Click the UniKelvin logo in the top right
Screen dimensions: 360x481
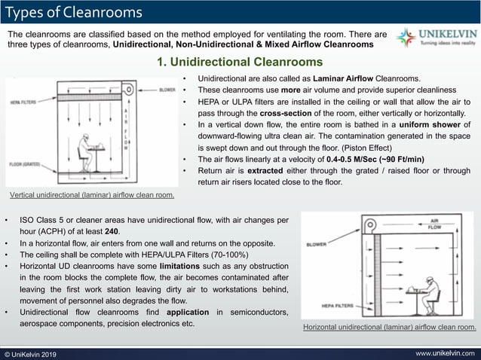[x=436, y=38]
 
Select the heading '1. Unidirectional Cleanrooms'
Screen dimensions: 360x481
[x=239, y=62]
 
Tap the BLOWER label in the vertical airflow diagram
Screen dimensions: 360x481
[x=167, y=90]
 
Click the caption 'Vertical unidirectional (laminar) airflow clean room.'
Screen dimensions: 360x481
[x=92, y=195]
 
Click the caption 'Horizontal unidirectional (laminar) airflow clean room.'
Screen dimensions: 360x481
[x=389, y=328]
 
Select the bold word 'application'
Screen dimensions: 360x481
[x=182, y=312]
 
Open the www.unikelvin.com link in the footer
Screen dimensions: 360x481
[x=445, y=353]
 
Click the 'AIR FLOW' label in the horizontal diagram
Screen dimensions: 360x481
[x=435, y=224]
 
